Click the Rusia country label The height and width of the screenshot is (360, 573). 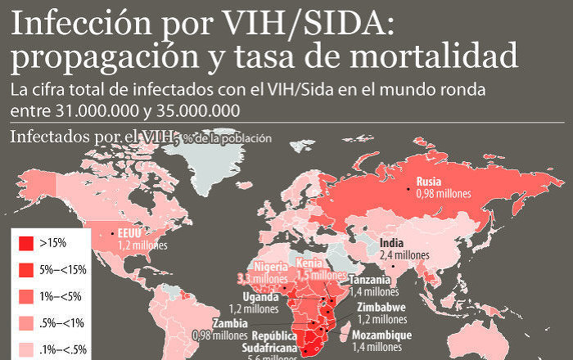(429, 182)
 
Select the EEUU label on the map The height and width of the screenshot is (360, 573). (131, 232)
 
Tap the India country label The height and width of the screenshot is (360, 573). (392, 243)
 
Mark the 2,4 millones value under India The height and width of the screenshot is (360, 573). (404, 255)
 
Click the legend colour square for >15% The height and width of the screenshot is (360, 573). (25, 243)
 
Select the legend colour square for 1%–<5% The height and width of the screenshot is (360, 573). (25, 295)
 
